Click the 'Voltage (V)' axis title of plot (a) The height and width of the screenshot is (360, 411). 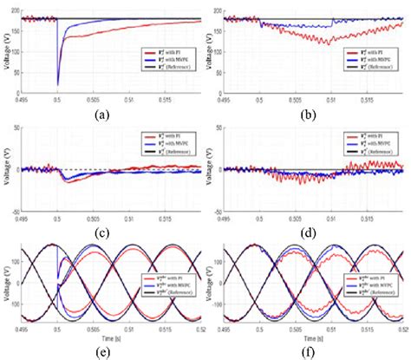pyautogui.click(x=7, y=52)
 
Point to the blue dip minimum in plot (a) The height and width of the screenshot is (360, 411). pyautogui.click(x=58, y=84)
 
